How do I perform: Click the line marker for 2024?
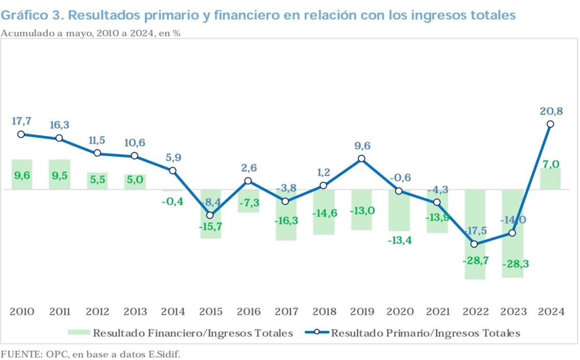[550, 124]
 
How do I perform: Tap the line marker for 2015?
[210, 215]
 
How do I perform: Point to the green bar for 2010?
[22, 174]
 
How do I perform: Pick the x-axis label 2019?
[362, 312]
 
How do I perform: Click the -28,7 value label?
[475, 261]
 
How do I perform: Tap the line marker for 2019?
[361, 159]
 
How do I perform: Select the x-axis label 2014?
[173, 312]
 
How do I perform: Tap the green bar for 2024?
[550, 178]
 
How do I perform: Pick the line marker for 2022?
[475, 244]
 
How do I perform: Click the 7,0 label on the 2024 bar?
[550, 165]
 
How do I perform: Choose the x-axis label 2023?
[513, 312]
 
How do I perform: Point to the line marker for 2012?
[97, 153]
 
